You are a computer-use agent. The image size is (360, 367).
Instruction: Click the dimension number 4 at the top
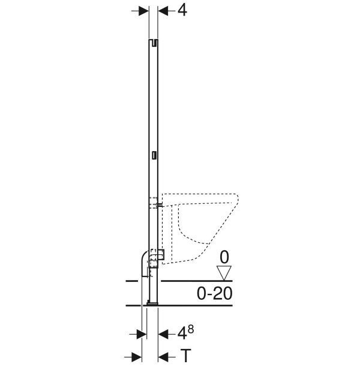pyautogui.click(x=182, y=10)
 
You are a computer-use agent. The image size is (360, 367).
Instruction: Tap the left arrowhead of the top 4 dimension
pyautogui.click(x=143, y=11)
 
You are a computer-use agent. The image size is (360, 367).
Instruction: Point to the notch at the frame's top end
pyautogui.click(x=154, y=43)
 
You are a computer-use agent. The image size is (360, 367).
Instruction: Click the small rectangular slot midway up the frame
pyautogui.click(x=154, y=155)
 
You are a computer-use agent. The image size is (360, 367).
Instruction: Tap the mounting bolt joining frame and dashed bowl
pyautogui.click(x=160, y=205)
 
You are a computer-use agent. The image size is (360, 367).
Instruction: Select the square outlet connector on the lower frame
pyautogui.click(x=161, y=255)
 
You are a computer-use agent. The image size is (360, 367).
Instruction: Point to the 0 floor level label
pyautogui.click(x=224, y=257)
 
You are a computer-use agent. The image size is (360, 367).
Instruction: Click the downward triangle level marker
pyautogui.click(x=224, y=273)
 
